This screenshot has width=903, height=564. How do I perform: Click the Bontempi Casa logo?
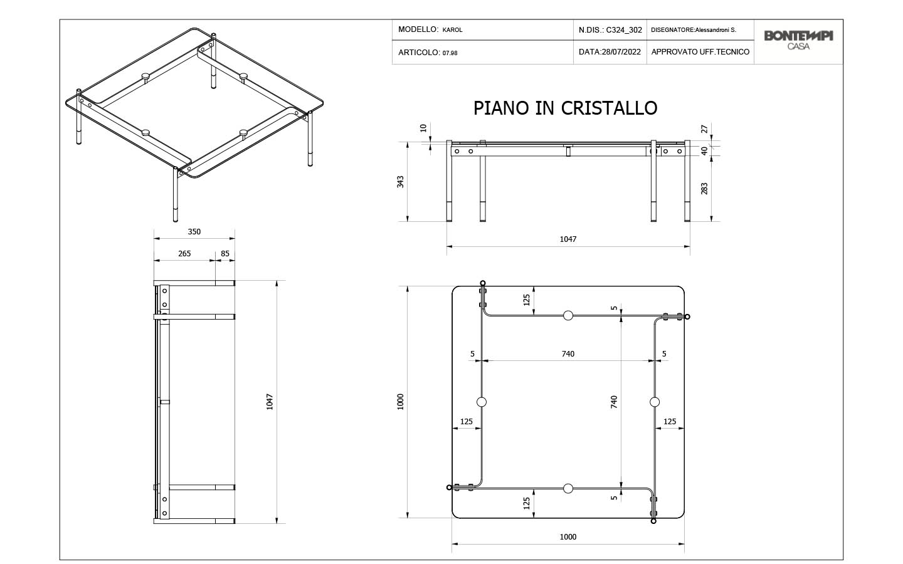click(798, 40)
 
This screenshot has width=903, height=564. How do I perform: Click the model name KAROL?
click(452, 30)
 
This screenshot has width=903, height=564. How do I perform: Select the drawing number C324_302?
click(624, 30)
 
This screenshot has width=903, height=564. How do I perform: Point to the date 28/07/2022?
click(621, 52)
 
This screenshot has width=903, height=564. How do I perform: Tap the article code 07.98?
click(450, 53)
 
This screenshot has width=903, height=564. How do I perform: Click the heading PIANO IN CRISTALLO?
click(565, 108)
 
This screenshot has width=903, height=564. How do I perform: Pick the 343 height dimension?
click(400, 182)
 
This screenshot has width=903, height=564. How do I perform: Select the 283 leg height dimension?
click(704, 189)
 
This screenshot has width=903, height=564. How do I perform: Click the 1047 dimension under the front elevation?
click(568, 239)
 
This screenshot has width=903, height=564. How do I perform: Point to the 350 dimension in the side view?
click(194, 232)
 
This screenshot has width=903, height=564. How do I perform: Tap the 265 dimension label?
click(184, 253)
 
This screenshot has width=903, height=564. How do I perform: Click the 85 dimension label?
click(225, 253)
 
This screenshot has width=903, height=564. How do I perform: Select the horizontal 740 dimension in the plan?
click(568, 353)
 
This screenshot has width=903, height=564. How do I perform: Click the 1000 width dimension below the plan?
click(568, 537)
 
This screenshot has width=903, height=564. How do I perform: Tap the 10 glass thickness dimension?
click(423, 128)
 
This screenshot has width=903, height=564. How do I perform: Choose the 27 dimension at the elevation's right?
click(704, 129)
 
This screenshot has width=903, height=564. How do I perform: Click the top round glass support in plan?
click(568, 315)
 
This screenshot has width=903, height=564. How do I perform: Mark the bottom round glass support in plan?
click(568, 489)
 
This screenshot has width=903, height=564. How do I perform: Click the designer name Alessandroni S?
click(716, 30)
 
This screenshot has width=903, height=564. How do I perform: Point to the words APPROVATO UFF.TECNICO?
click(700, 52)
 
